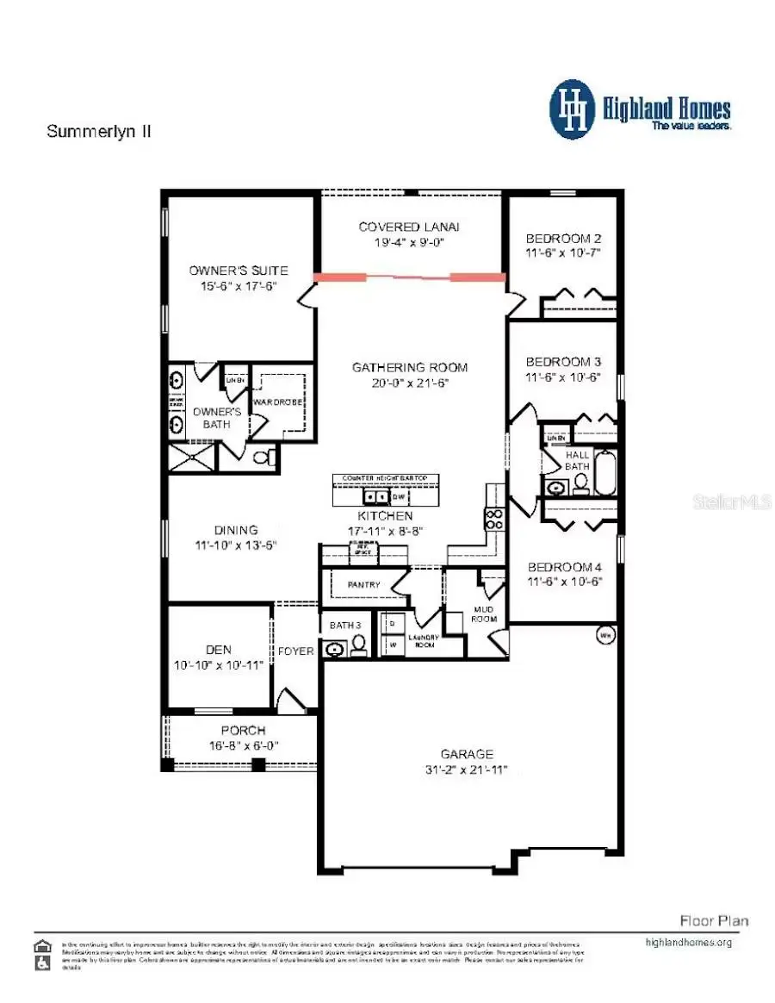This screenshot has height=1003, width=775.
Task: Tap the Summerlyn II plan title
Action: pyautogui.click(x=99, y=132)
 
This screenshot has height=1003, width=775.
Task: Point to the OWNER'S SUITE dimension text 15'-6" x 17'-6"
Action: pyautogui.click(x=239, y=287)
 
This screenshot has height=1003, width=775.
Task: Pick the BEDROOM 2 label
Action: pyautogui.click(x=563, y=238)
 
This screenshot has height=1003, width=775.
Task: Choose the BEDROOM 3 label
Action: pyautogui.click(x=563, y=362)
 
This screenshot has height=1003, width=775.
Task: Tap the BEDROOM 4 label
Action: pyautogui.click(x=564, y=566)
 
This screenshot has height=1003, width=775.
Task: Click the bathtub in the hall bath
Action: pyautogui.click(x=605, y=473)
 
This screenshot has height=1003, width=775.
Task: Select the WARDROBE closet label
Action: pyautogui.click(x=275, y=402)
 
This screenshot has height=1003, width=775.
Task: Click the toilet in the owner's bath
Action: pyautogui.click(x=268, y=456)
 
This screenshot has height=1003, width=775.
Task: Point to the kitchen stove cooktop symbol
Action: pyautogui.click(x=496, y=519)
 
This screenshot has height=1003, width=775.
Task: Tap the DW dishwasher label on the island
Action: pyautogui.click(x=399, y=497)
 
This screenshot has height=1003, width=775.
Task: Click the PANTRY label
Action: pyautogui.click(x=363, y=585)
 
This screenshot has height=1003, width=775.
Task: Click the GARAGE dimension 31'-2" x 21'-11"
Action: pyautogui.click(x=468, y=769)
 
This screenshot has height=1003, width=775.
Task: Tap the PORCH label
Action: pyautogui.click(x=243, y=731)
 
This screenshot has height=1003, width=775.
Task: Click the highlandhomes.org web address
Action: pyautogui.click(x=688, y=942)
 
